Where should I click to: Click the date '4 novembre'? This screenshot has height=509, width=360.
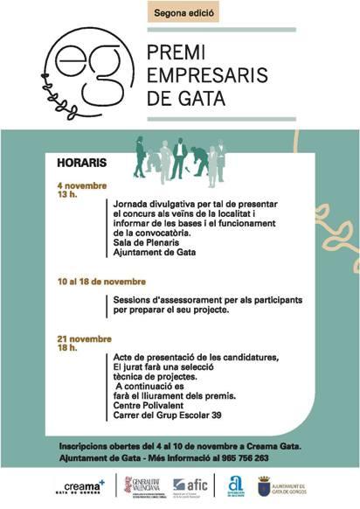[x=81, y=186]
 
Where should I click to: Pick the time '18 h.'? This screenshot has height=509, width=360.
[x=67, y=347]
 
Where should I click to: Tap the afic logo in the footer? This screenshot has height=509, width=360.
[x=191, y=486]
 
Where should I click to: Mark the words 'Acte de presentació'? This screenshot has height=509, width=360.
[x=149, y=356]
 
